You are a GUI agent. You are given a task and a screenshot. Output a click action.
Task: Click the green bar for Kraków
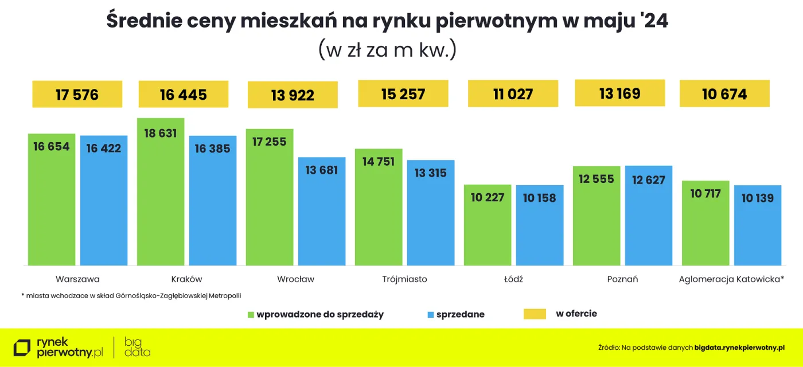161,195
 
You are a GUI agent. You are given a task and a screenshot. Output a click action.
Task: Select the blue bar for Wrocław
322,212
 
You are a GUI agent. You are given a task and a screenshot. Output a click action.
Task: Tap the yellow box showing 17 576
77,95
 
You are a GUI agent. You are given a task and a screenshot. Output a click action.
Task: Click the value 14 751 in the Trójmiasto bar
379,162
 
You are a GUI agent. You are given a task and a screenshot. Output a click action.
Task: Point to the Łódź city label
513,279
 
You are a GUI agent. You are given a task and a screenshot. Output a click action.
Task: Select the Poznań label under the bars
622,279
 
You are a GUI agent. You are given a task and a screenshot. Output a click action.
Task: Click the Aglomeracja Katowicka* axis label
731,279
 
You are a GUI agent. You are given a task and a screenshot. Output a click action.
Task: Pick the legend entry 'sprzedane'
460,314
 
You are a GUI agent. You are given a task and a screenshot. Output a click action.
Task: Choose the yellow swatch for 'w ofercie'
535,314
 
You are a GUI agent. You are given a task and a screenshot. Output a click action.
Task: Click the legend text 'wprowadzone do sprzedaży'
320,314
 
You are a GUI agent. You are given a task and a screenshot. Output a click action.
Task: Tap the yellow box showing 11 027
513,94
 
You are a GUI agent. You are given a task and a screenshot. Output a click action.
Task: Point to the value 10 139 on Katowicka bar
757,198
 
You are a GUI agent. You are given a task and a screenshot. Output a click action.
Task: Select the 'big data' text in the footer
137,348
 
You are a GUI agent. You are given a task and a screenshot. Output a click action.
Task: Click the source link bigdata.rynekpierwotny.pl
739,348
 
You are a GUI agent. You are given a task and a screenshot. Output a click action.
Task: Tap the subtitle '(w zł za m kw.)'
387,49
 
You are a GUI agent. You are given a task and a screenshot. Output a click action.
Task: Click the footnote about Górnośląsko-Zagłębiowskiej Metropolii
131,296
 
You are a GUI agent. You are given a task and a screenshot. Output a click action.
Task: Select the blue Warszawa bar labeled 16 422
104,201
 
